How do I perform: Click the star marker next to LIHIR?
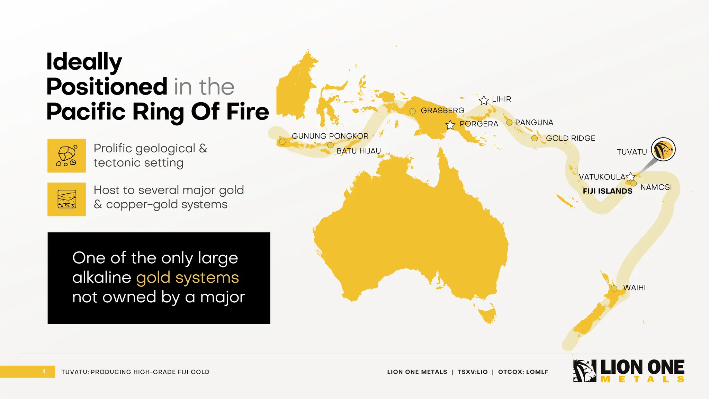[x=484, y=100]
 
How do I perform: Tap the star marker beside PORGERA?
[x=450, y=125]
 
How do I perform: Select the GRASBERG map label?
[x=442, y=110]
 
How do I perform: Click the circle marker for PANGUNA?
[x=509, y=122]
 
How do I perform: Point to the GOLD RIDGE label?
[x=571, y=138]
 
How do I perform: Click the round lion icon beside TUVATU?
[x=663, y=149]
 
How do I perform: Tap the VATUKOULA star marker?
[x=630, y=177]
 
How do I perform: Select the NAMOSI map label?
[x=656, y=187]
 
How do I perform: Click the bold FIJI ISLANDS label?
[x=608, y=191]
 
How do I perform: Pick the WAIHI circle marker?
[x=614, y=288]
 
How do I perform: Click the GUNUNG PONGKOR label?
[x=330, y=136]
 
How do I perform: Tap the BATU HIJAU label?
[x=359, y=151]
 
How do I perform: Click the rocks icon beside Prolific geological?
[x=66, y=156]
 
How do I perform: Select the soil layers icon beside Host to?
[x=66, y=199]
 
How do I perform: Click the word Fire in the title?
[x=248, y=112]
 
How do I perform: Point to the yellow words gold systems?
[x=188, y=278]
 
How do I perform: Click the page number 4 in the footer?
[x=44, y=372]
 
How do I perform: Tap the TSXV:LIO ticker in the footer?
[x=473, y=372]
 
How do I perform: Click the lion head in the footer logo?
[x=584, y=371]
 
